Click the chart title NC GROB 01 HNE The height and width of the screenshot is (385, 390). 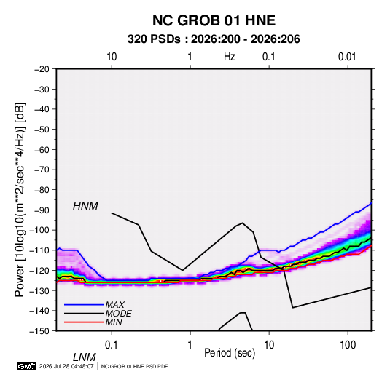(214, 20)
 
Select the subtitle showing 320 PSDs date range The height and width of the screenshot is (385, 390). (214, 39)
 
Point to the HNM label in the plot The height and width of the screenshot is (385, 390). (85, 206)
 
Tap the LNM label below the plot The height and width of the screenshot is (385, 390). (85, 357)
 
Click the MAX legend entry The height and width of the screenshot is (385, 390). (114, 304)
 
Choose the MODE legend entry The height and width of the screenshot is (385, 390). (118, 314)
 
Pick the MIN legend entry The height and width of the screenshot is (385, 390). (114, 322)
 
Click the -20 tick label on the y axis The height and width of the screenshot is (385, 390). (42, 69)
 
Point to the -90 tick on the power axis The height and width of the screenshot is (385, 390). (42, 210)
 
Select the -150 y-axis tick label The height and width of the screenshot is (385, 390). (39, 331)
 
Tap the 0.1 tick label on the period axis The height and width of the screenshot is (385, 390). (111, 345)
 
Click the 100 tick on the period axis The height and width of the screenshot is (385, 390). (348, 345)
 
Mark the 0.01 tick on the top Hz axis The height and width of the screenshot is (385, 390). (347, 57)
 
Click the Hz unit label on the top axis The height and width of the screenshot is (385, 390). (230, 57)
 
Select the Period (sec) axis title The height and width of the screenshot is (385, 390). (230, 353)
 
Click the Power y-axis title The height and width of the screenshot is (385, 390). (20, 199)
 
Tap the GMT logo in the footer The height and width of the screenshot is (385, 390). (27, 366)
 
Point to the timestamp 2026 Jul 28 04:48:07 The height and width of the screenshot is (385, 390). (66, 366)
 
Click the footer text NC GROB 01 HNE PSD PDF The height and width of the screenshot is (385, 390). (135, 366)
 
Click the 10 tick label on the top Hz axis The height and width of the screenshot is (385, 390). (112, 57)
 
